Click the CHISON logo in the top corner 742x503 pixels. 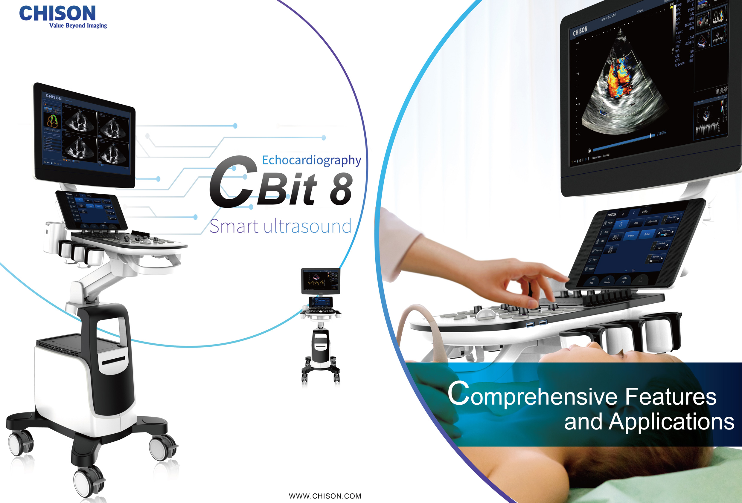pyautogui.click(x=57, y=13)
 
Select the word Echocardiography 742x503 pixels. pyautogui.click(x=311, y=160)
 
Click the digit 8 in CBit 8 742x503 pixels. pyautogui.click(x=341, y=190)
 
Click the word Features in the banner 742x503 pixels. pyautogui.click(x=671, y=396)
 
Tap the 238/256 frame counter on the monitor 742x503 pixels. pyautogui.click(x=661, y=133)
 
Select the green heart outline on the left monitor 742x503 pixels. pyautogui.click(x=52, y=120)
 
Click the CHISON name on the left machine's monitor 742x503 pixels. pyautogui.click(x=54, y=97)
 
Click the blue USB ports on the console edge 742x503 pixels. pyautogui.click(x=536, y=323)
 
